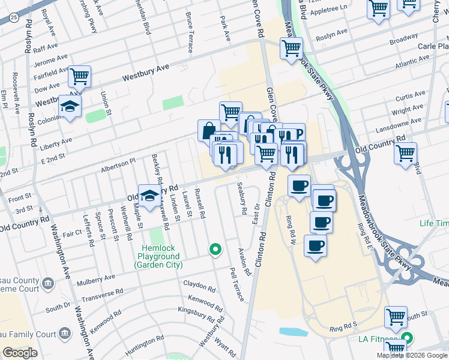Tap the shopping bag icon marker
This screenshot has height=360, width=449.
pyautogui.click(x=208, y=131)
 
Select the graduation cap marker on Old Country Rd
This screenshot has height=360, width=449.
pyautogui.click(x=149, y=195)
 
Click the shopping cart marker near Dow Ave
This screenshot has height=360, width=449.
pyautogui.click(x=79, y=76)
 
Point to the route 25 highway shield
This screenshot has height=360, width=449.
pyautogui.click(x=14, y=19)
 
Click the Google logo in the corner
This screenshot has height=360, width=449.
pyautogui.click(x=20, y=353)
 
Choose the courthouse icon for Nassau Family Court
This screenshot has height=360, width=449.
pyautogui.click(x=62, y=334)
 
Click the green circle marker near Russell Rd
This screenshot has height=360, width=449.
pyautogui.click(x=215, y=249)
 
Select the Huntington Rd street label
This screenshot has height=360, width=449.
pyautogui.click(x=145, y=346)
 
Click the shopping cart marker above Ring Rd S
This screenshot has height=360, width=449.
pyautogui.click(x=396, y=317)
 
